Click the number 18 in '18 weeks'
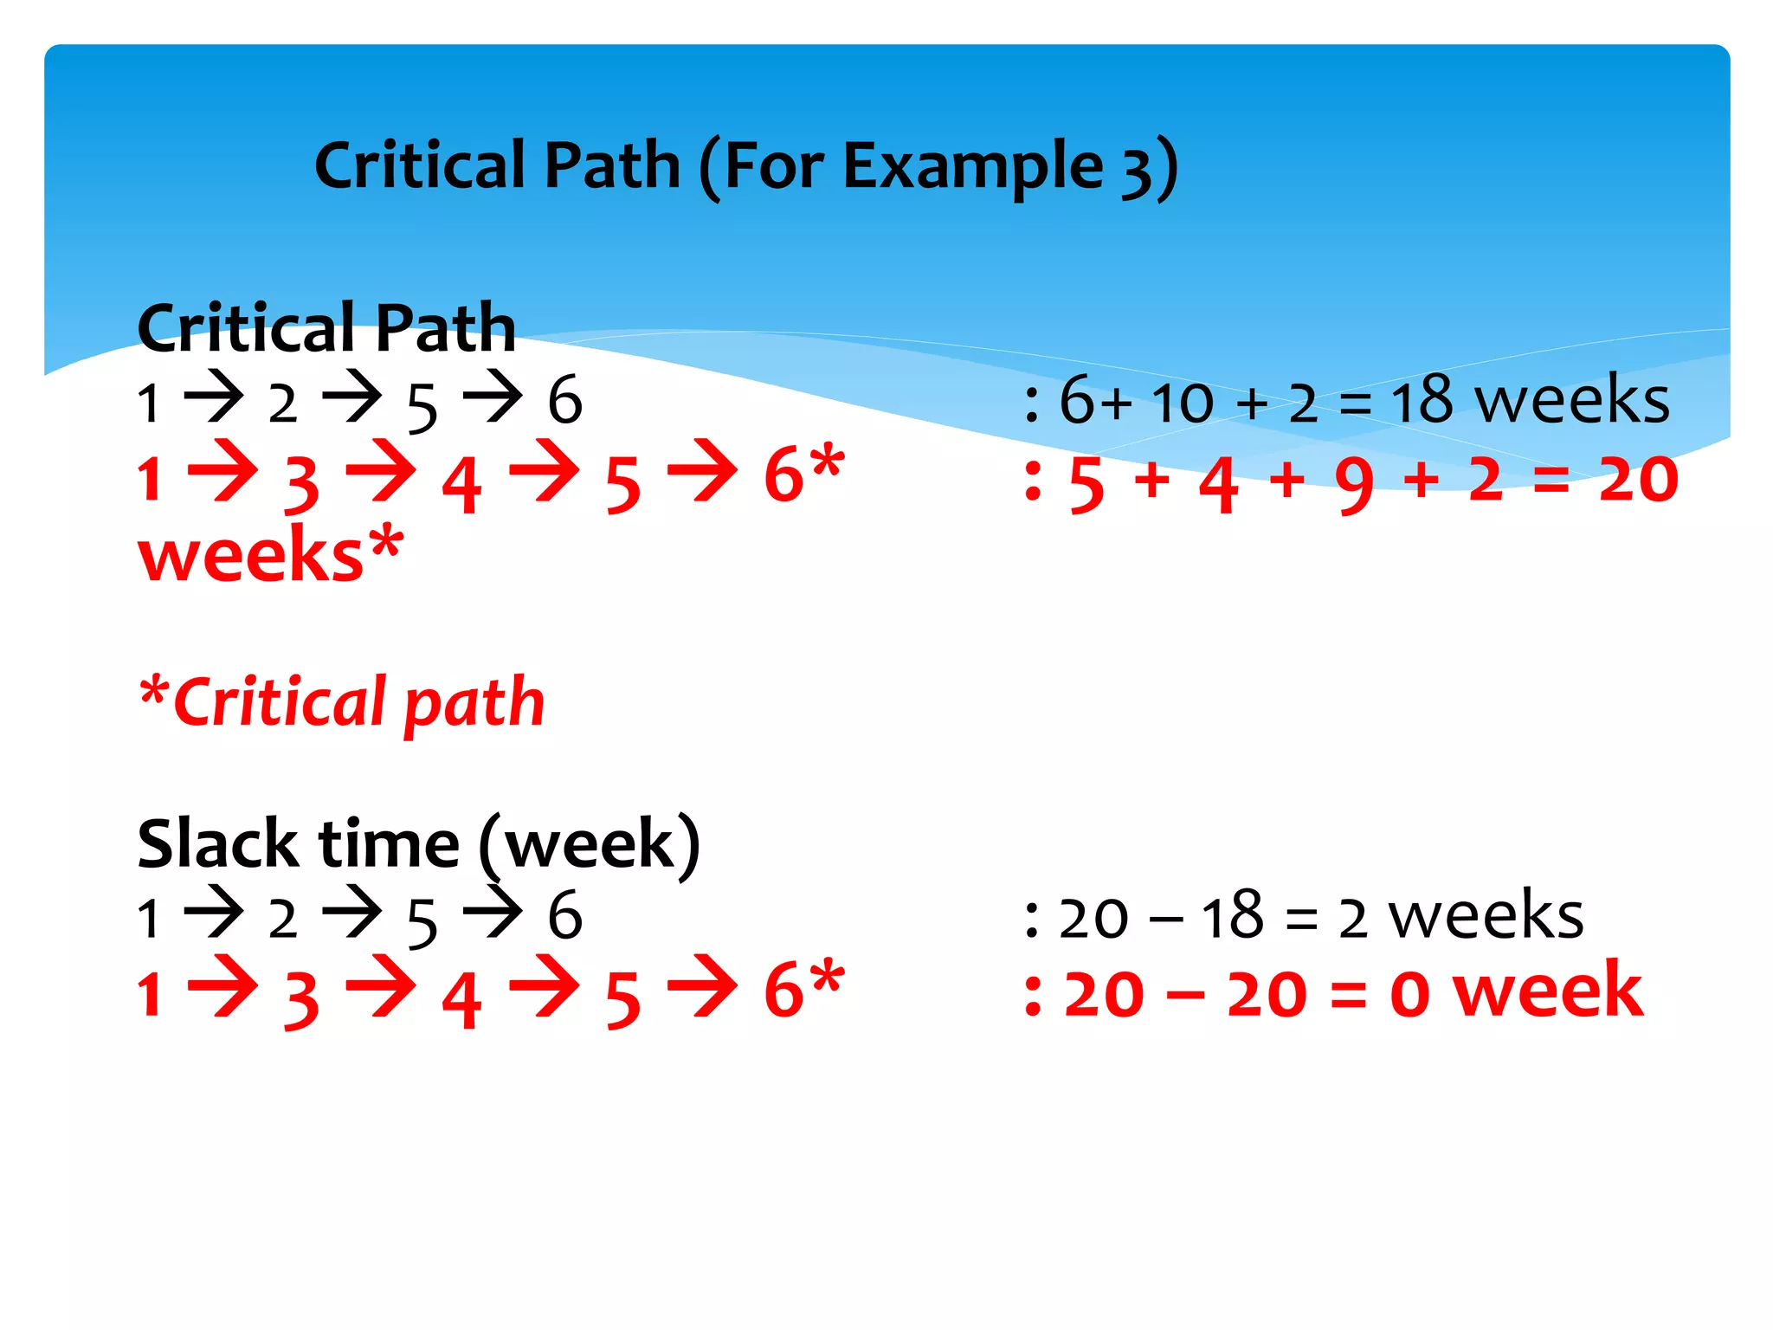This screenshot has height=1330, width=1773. click(x=1422, y=401)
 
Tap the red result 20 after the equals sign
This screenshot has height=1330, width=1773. click(x=1638, y=479)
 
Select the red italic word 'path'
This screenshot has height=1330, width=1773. click(x=474, y=703)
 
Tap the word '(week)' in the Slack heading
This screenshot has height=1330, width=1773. click(x=590, y=844)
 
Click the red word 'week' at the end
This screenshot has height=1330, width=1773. click(x=1548, y=991)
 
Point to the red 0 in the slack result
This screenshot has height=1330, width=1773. click(x=1409, y=995)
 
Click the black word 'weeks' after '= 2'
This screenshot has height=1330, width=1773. click(x=1486, y=916)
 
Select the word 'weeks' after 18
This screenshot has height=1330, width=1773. click(x=1572, y=401)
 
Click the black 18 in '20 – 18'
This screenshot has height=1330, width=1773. click(x=1232, y=917)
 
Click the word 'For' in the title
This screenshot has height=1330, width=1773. click(x=774, y=167)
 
